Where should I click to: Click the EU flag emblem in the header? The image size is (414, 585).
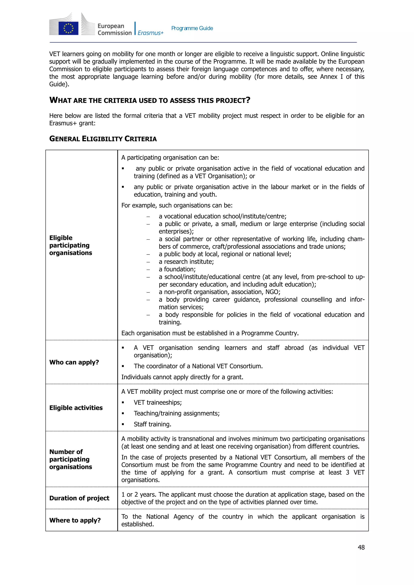[68, 28]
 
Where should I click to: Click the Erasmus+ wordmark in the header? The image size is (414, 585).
[150, 33]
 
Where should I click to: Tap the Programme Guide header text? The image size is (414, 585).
[192, 28]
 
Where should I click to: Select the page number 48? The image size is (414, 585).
[361, 547]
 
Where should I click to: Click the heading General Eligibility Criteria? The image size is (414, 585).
[103, 139]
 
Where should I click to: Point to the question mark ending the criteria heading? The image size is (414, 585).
[248, 100]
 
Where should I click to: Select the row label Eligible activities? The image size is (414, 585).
[76, 408]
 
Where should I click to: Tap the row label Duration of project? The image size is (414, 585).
[79, 498]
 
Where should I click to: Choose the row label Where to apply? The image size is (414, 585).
[75, 520]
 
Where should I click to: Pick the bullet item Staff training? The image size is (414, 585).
[152, 424]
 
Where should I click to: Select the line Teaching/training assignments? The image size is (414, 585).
[177, 413]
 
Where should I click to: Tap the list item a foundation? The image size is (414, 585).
[180, 269]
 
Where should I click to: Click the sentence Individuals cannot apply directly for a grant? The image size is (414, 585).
[182, 377]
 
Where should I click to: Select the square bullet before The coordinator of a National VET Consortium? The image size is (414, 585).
[123, 366]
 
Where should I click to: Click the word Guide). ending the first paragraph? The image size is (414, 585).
[59, 84]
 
